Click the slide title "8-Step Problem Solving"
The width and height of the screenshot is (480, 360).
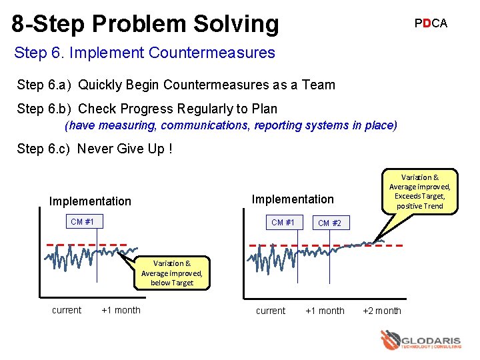[145, 24]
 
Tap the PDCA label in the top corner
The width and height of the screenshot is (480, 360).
[431, 23]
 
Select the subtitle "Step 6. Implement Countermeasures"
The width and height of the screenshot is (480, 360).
[144, 53]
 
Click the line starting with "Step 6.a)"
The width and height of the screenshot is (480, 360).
[176, 85]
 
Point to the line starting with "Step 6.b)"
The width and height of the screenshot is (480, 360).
[147, 109]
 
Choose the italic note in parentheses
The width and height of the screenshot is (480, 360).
[231, 125]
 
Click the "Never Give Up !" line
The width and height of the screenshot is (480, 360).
[95, 149]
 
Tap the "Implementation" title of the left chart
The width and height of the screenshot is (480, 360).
[90, 201]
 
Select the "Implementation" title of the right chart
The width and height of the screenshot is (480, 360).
[292, 199]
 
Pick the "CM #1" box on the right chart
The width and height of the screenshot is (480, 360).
[283, 222]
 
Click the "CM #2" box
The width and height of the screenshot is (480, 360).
[329, 223]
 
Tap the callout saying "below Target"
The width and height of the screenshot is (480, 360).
[172, 273]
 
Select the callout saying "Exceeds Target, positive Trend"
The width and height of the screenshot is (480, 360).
[419, 192]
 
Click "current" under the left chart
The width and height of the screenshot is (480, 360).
[67, 310]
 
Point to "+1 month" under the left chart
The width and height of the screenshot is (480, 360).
[121, 310]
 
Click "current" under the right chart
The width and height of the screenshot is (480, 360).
[270, 311]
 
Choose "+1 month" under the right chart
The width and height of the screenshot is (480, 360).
[325, 311]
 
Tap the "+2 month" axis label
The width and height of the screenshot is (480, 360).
[381, 311]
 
